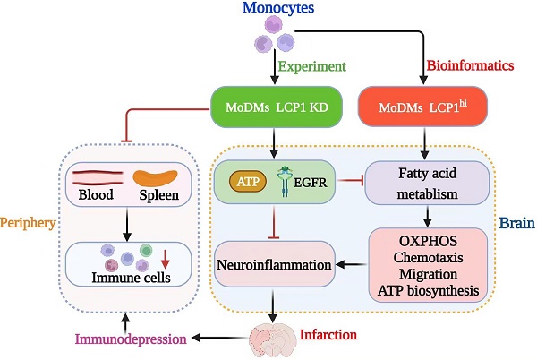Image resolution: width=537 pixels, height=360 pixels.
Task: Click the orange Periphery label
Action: pos(27,221)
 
